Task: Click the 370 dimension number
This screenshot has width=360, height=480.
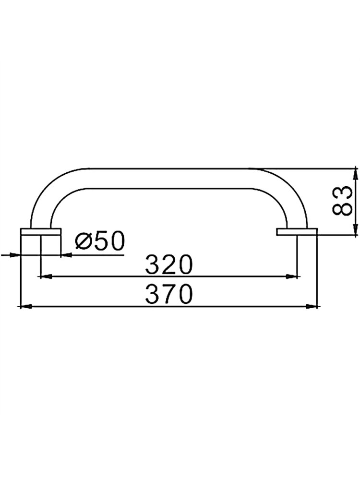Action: pyautogui.click(x=169, y=294)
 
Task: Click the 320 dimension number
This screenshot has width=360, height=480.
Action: pyautogui.click(x=169, y=265)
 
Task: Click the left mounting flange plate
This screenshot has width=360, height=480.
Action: pyautogui.click(x=41, y=232)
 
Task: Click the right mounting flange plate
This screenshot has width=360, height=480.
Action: pyautogui.click(x=297, y=232)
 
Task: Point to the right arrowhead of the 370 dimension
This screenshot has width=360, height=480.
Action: pyautogui.click(x=312, y=306)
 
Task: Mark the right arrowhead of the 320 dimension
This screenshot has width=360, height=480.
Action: pyautogui.click(x=291, y=276)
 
